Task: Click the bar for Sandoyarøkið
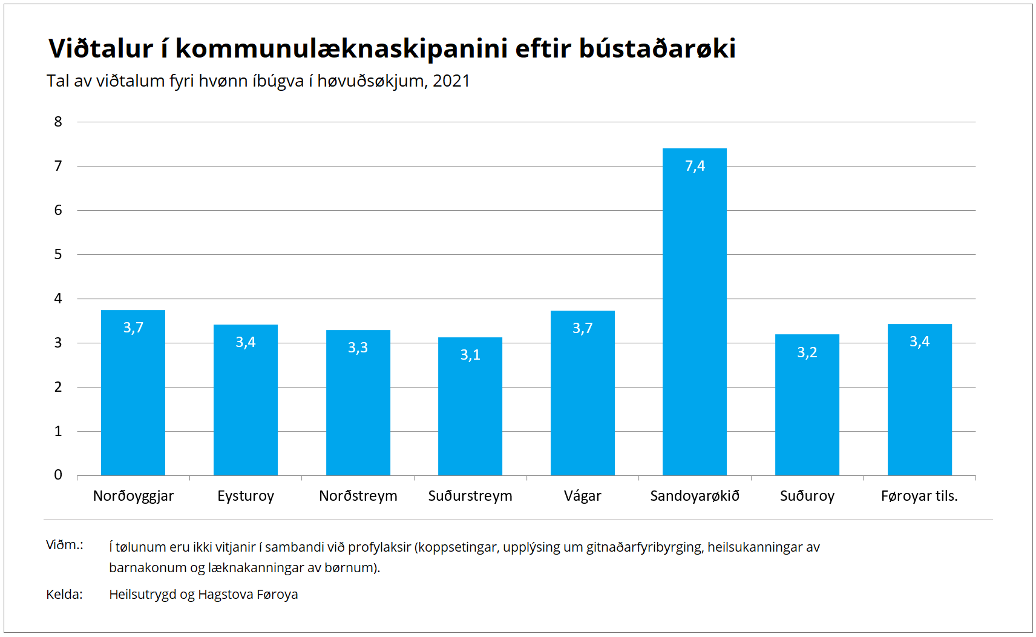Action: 695,312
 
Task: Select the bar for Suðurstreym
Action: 470,406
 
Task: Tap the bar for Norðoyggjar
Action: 133,392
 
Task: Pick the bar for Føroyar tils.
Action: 919,400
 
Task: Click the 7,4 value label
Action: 695,166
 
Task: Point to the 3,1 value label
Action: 470,355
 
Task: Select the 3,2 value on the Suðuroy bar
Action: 807,352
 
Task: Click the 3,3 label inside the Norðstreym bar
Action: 358,347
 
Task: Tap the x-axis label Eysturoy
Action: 246,496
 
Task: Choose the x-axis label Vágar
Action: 582,496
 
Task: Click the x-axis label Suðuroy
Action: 807,496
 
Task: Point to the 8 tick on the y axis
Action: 58,122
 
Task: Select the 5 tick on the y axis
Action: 58,254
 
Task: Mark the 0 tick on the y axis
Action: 58,475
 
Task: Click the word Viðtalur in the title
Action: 100,48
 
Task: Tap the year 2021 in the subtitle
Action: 451,81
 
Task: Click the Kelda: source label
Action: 64,594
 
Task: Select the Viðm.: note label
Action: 64,545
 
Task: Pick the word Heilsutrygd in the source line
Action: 142,595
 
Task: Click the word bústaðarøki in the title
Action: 657,48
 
